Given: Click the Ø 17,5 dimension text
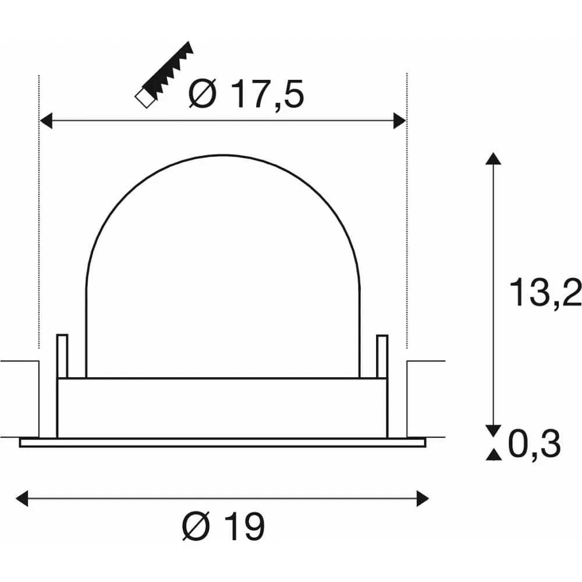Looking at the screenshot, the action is pos(246,94).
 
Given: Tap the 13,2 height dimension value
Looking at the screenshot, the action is pos(545,293).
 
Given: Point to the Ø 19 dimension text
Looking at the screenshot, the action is pos(223,526).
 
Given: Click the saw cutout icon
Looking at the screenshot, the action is pos(164,74).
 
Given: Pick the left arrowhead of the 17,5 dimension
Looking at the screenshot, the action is pos(45,121).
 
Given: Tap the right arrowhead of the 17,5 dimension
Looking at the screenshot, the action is pos(400,121).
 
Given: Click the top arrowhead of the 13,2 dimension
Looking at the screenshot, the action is pos(493,158).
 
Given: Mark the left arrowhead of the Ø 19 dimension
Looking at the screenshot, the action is pos(22,498).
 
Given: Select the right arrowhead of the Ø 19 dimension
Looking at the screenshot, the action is pos(423,498).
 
